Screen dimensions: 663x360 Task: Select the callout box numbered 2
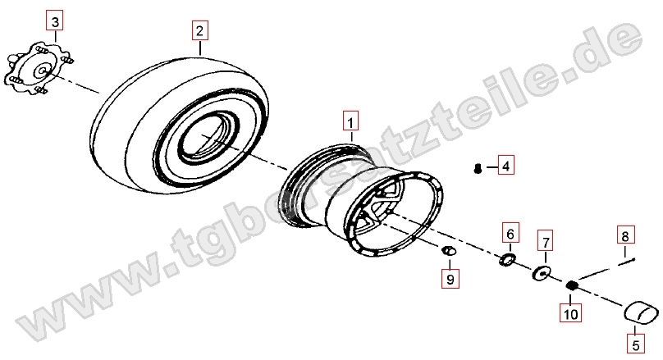click(199, 30)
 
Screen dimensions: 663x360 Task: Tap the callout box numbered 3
click(55, 21)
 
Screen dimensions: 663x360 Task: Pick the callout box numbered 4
click(505, 166)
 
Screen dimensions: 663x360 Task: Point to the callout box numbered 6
click(510, 233)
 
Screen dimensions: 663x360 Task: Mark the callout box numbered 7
click(546, 242)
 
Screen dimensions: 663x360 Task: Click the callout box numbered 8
click(625, 235)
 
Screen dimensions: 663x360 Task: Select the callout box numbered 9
click(450, 279)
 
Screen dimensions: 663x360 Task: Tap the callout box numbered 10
click(570, 313)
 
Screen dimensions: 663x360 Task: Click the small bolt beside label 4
click(478, 168)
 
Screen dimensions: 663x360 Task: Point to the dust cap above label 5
click(642, 312)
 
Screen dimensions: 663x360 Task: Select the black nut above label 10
click(572, 285)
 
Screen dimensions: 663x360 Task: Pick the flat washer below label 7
click(541, 273)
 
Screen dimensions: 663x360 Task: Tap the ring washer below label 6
click(506, 259)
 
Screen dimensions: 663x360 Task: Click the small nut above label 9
click(449, 251)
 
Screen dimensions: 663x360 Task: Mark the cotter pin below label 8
click(628, 262)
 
